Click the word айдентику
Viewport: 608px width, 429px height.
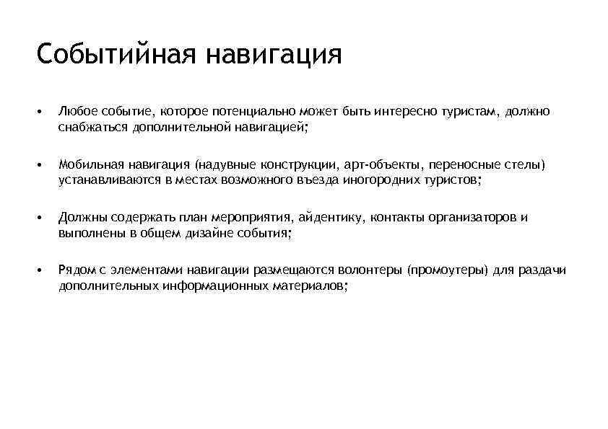pos(330,217)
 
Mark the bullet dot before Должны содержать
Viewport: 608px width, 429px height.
pos(43,217)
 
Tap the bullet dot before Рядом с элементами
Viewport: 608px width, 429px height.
pos(43,270)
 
